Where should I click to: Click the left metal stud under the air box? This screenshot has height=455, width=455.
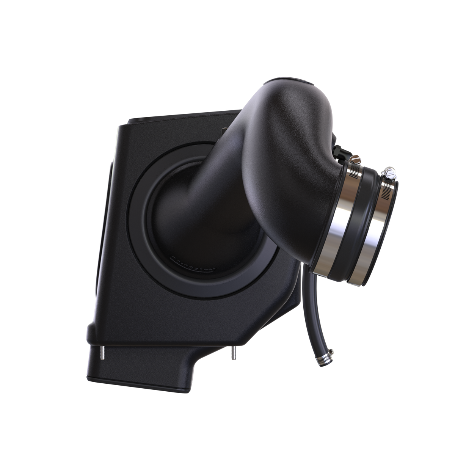pos(102,353)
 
